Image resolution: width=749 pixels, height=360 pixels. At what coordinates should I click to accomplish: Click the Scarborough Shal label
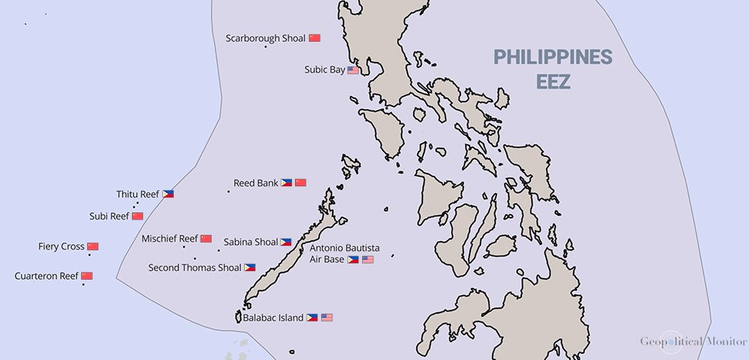(x=266, y=37)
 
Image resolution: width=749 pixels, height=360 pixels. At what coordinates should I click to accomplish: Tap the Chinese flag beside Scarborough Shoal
(x=314, y=37)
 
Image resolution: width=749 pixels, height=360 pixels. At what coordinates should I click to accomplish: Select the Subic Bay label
(x=324, y=70)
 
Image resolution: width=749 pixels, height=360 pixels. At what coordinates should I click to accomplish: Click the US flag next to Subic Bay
(x=353, y=70)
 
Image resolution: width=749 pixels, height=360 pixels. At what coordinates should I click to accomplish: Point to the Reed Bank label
(x=256, y=183)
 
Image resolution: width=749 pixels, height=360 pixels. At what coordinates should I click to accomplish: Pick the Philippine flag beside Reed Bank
(x=286, y=183)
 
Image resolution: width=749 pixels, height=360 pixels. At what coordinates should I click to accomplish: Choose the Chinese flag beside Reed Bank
(x=300, y=183)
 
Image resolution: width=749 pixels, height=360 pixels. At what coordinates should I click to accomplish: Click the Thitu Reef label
(x=137, y=194)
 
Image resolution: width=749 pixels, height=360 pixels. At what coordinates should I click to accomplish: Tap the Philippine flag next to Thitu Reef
(x=168, y=194)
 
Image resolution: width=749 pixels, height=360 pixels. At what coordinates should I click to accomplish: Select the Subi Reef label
(x=109, y=216)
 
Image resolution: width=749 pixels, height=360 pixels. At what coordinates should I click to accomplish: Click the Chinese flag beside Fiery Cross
(x=93, y=246)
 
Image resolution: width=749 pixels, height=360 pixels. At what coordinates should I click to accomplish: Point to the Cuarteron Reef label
(x=46, y=276)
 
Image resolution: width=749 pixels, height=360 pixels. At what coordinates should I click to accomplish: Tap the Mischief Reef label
(x=170, y=239)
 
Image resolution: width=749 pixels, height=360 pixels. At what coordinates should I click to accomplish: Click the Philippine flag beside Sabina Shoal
(x=286, y=242)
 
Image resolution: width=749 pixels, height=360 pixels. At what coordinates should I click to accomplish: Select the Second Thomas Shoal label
(x=195, y=267)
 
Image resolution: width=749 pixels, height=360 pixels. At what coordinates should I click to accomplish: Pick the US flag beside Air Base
(x=368, y=260)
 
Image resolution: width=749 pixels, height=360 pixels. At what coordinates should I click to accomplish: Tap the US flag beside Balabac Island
(x=327, y=318)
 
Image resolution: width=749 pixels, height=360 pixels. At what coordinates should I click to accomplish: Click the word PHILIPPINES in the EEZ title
(x=553, y=57)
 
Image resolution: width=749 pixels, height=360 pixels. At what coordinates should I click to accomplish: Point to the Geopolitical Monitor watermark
(x=686, y=341)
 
